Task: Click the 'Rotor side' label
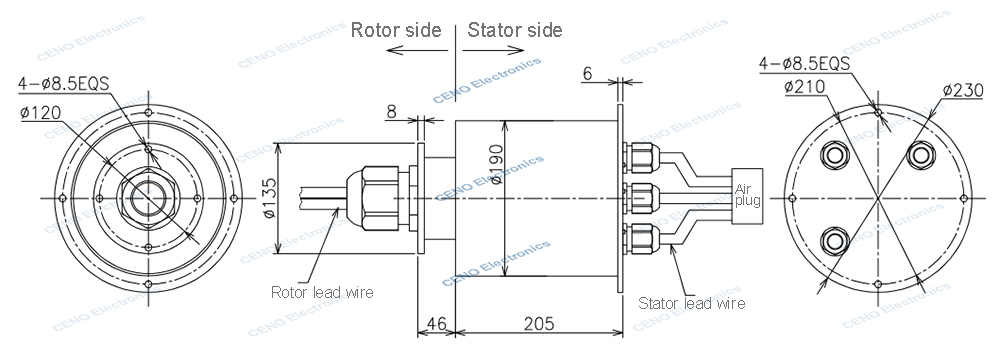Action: pyautogui.click(x=395, y=30)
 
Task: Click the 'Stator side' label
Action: pyautogui.click(x=515, y=30)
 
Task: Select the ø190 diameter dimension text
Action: pyautogui.click(x=512, y=160)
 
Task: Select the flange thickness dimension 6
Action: pyautogui.click(x=587, y=74)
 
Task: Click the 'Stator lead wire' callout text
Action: pyautogui.click(x=690, y=301)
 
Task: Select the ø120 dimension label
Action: pyautogui.click(x=38, y=112)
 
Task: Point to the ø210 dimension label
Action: pyautogui.click(x=804, y=87)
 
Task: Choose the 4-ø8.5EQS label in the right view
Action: pyautogui.click(x=804, y=64)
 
